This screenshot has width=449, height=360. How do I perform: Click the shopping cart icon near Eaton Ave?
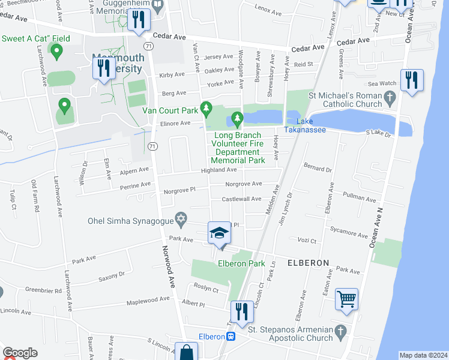[x=346, y=298]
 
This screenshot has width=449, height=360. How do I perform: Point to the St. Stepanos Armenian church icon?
[x=340, y=331]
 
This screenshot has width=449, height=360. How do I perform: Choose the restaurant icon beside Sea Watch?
[x=412, y=80]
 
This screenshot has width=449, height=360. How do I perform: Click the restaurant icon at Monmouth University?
[x=103, y=67]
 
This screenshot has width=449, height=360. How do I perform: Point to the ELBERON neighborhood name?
[x=308, y=263]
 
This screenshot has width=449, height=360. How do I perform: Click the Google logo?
[x=20, y=353]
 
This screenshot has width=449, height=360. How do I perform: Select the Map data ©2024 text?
[x=423, y=355]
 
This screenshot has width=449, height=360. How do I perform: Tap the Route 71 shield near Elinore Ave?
[x=154, y=146]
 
